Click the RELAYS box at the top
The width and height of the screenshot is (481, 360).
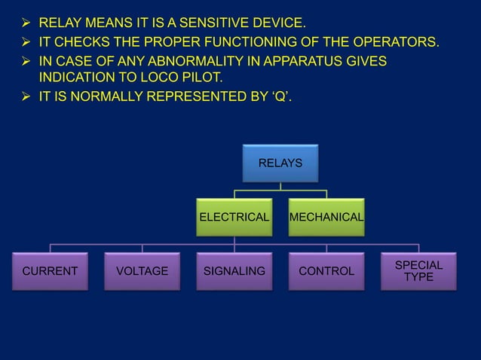click(x=280, y=163)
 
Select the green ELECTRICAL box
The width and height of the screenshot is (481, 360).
click(x=234, y=217)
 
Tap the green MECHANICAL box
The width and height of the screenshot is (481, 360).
click(x=326, y=217)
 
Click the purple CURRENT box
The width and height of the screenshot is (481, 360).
click(x=51, y=271)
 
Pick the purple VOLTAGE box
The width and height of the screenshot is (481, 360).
click(x=142, y=271)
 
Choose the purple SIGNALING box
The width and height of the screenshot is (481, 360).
click(x=234, y=271)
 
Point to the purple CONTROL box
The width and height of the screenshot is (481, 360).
click(x=326, y=271)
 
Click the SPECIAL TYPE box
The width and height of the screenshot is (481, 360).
click(x=418, y=271)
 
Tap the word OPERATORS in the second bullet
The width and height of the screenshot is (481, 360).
click(x=392, y=41)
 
